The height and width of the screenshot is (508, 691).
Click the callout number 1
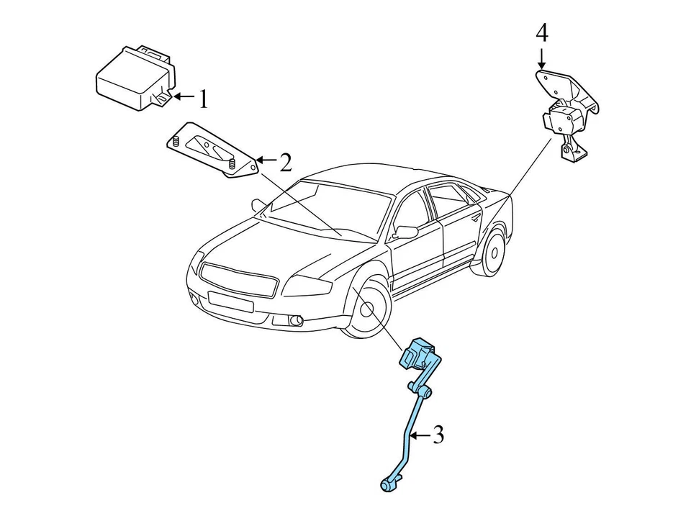point(204,99)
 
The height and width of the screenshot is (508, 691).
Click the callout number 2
point(286,163)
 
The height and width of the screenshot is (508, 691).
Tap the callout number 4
point(541,32)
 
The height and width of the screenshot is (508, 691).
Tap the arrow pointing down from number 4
point(541,57)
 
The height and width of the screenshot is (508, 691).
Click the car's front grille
point(238,280)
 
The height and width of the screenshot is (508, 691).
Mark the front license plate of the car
point(230,301)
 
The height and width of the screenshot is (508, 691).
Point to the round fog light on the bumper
point(295,319)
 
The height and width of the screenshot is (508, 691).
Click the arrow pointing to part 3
point(420,435)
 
